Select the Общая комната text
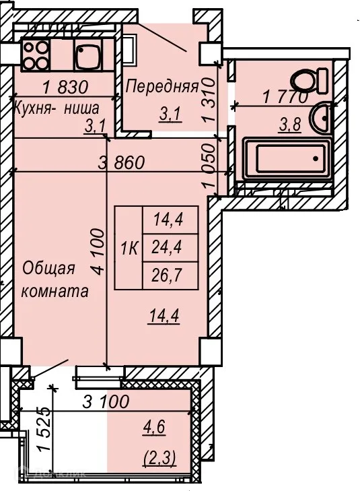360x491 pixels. pyautogui.click(x=56, y=280)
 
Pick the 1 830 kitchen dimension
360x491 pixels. pyautogui.click(x=65, y=87)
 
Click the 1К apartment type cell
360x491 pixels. pyautogui.click(x=129, y=248)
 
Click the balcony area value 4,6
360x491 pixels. pyautogui.click(x=158, y=428)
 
